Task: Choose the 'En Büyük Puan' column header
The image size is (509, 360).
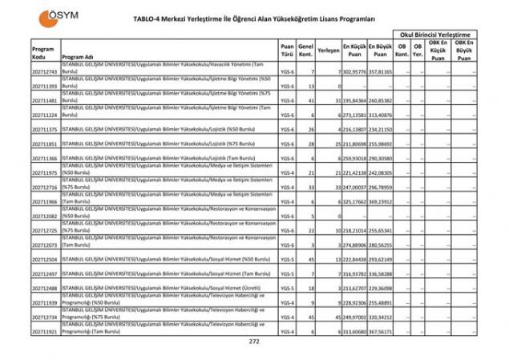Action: pos(381,50)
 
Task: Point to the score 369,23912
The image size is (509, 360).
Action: pos(381,202)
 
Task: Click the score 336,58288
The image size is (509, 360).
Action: pos(381,274)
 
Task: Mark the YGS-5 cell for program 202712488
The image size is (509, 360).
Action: pos(287,288)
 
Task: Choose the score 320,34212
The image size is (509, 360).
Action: pos(381,318)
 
